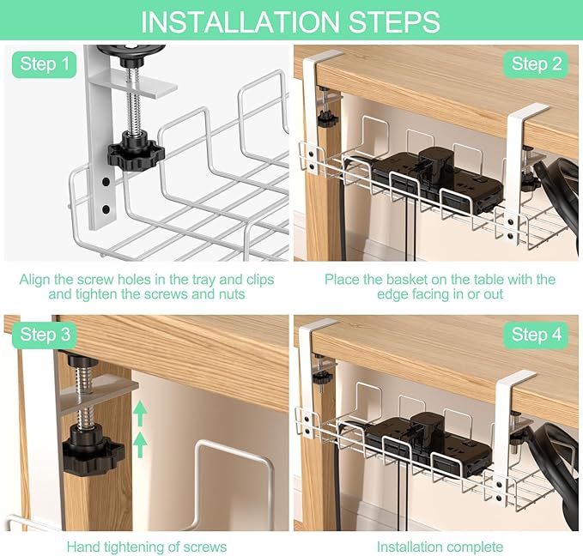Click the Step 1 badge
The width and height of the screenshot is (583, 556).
coord(45,64)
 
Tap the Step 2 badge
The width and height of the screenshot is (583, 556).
coord(536,64)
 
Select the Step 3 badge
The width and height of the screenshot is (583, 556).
coord(45,335)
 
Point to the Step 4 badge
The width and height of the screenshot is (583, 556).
coord(536,335)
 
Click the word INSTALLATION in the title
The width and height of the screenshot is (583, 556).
coord(240,22)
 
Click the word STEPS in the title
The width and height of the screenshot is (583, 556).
coord(394,22)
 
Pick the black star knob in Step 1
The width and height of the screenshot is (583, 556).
coord(136,152)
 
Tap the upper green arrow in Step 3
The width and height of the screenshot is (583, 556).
coord(140,413)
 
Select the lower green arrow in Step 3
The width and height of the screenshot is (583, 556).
coord(140,444)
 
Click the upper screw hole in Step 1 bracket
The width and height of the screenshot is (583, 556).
coord(106,182)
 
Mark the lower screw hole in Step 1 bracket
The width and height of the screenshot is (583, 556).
coord(106,209)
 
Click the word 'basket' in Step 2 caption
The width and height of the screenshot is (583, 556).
coord(404,280)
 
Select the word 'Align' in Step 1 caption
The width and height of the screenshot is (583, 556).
coord(34,280)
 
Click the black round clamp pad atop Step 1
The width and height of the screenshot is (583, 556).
coord(131,50)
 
